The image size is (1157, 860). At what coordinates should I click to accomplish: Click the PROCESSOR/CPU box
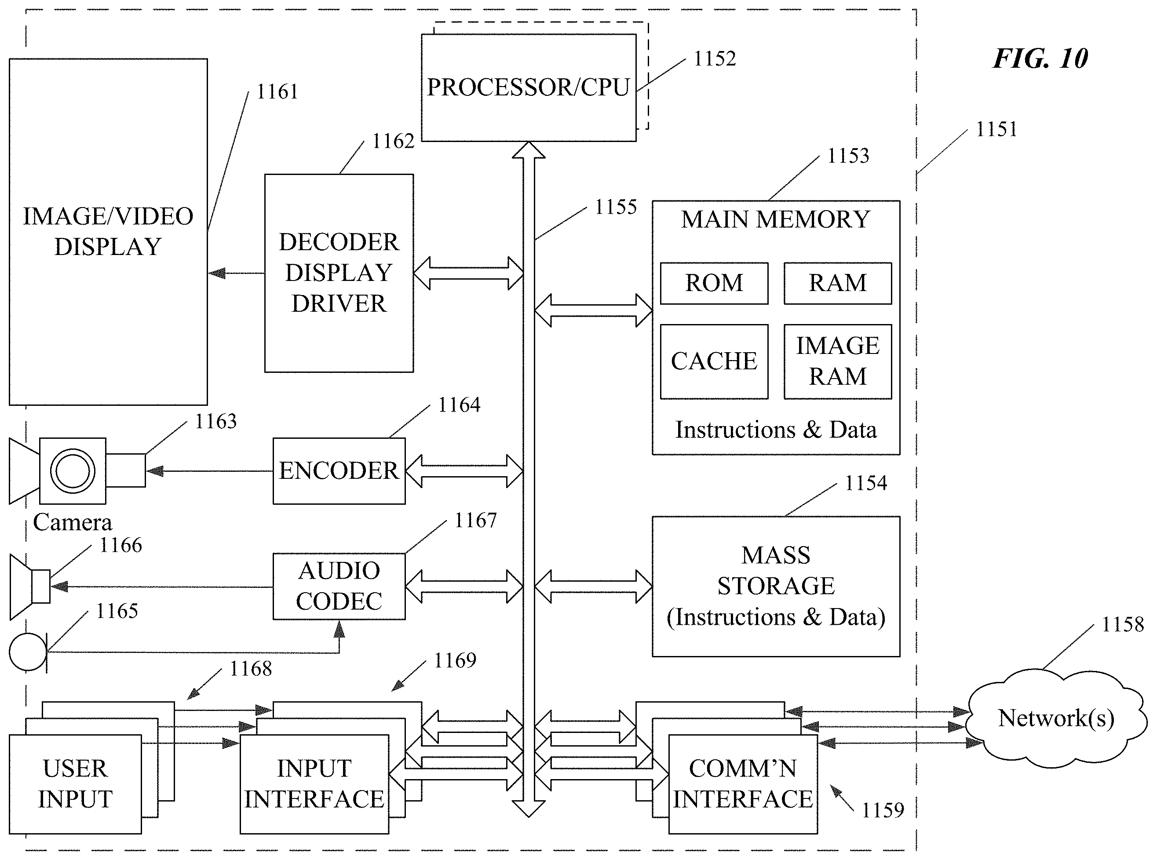pyautogui.click(x=529, y=87)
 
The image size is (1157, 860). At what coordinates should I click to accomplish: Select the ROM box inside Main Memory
pyautogui.click(x=714, y=283)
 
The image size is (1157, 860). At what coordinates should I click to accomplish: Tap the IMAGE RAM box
pyautogui.click(x=838, y=362)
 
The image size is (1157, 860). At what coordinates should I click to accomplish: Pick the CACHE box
pyautogui.click(x=714, y=362)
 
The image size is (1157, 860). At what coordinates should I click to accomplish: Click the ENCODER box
pyautogui.click(x=339, y=470)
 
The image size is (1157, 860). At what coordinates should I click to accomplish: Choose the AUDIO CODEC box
pyautogui.click(x=339, y=586)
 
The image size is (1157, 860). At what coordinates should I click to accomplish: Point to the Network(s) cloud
pyautogui.click(x=1056, y=719)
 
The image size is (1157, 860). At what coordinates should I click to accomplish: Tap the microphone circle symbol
pyautogui.click(x=28, y=652)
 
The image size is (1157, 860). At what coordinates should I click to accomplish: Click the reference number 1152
pyautogui.click(x=715, y=59)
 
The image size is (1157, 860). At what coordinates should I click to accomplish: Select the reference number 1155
pyautogui.click(x=616, y=207)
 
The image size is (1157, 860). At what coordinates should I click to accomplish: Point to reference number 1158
pyautogui.click(x=1123, y=625)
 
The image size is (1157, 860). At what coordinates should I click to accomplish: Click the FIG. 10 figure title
pyautogui.click(x=1040, y=58)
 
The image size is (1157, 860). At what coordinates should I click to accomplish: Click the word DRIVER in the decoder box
pyautogui.click(x=339, y=303)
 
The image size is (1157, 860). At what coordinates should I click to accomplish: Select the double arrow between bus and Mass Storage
pyautogui.click(x=593, y=586)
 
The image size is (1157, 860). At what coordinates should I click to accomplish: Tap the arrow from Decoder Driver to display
pyautogui.click(x=236, y=273)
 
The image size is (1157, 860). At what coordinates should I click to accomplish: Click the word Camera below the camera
pyautogui.click(x=73, y=523)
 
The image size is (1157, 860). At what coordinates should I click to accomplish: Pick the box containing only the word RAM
pyautogui.click(x=838, y=283)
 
